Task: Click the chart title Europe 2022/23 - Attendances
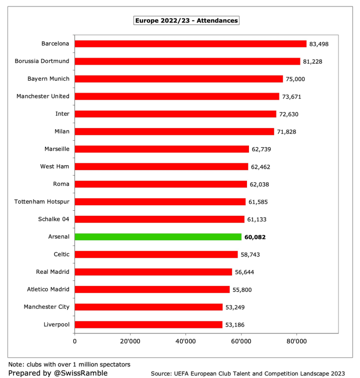coord(186,21)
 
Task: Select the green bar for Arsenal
coord(158,237)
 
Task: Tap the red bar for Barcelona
coord(190,44)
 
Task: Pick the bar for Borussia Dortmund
coord(187,61)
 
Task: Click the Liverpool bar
coord(148,324)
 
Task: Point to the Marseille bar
coord(162,149)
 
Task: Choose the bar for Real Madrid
coord(153,272)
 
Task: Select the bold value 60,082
coord(255,237)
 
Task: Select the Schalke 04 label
coord(54,219)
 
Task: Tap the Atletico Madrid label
coord(48,289)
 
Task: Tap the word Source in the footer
coord(162,373)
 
